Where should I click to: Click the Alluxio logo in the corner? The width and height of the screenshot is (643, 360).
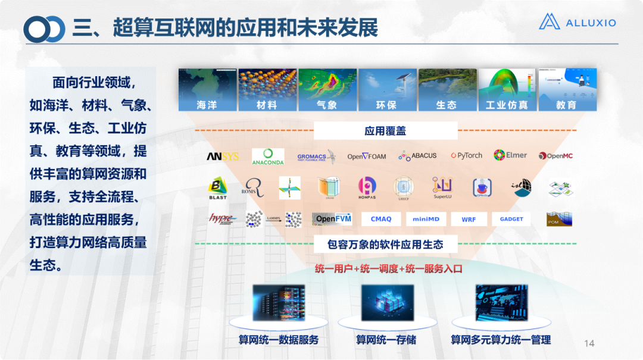pos(577,22)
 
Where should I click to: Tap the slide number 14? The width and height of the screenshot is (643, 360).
pos(589,343)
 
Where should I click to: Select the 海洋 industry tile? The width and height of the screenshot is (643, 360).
pos(208,90)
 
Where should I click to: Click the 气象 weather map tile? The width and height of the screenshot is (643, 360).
pos(327,90)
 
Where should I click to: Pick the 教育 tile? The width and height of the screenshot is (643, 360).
pos(567,90)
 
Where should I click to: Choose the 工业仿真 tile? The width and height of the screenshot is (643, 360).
pos(507,90)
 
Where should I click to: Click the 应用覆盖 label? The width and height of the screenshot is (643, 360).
pos(385,131)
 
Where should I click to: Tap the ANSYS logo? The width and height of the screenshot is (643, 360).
pos(223,156)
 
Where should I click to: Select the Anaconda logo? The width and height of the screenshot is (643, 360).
pos(268,156)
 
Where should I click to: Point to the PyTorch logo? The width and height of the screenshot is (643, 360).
pos(466,156)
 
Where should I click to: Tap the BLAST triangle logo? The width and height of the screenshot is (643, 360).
pos(218,188)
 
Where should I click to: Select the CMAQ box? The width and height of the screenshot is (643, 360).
pos(381,219)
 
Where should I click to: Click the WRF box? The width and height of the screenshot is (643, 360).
pos(469,219)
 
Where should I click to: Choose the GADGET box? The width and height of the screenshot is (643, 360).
pos(511,219)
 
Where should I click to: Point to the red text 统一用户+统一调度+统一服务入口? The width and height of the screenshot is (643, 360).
pos(388,269)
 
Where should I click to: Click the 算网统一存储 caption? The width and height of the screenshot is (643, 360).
pos(386,340)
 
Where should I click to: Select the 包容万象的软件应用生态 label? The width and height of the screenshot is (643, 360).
pos(385,244)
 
